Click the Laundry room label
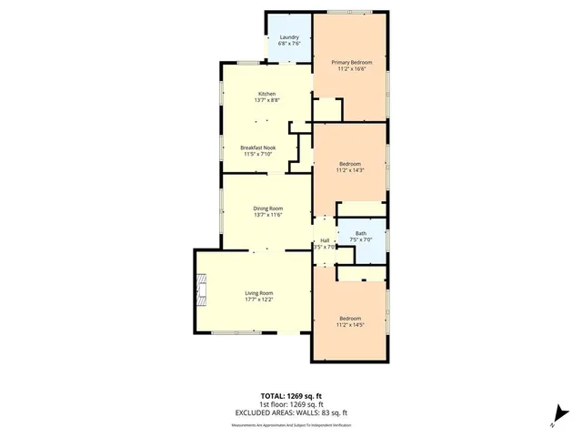(x=288, y=37)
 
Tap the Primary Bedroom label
(x=351, y=61)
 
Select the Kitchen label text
(x=266, y=94)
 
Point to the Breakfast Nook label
(x=258, y=147)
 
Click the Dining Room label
(x=267, y=208)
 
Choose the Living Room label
(x=259, y=292)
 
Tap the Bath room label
(x=361, y=233)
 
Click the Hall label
(x=325, y=240)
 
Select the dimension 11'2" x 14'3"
(x=351, y=170)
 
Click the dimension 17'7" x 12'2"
(x=259, y=300)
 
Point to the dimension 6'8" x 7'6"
(x=288, y=45)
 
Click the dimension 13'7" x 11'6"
(x=267, y=215)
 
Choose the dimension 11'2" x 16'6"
(x=351, y=68)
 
